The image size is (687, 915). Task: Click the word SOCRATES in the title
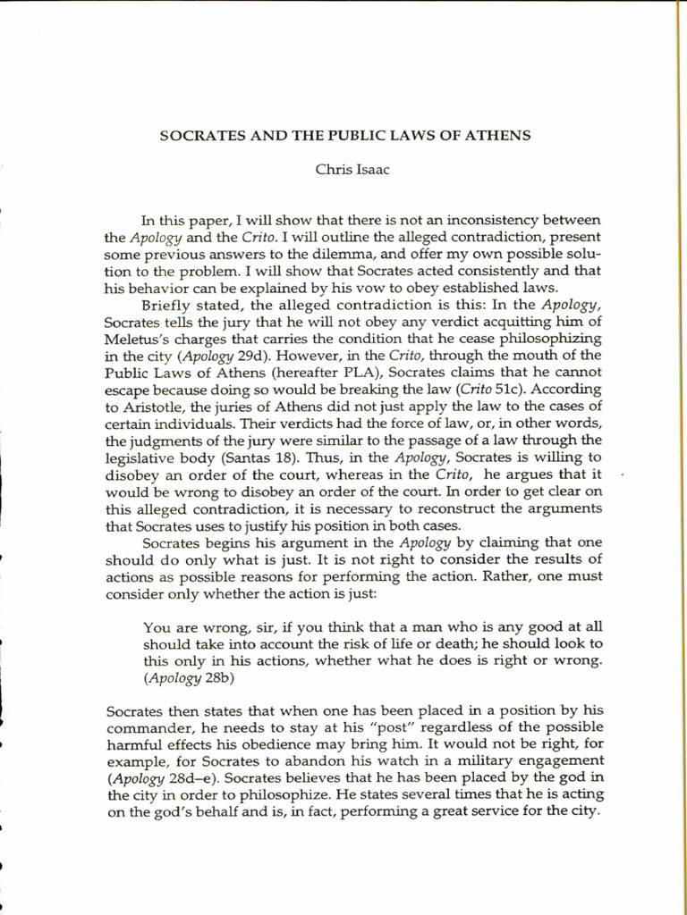coord(195,136)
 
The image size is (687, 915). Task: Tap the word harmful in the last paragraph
coord(134,745)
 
